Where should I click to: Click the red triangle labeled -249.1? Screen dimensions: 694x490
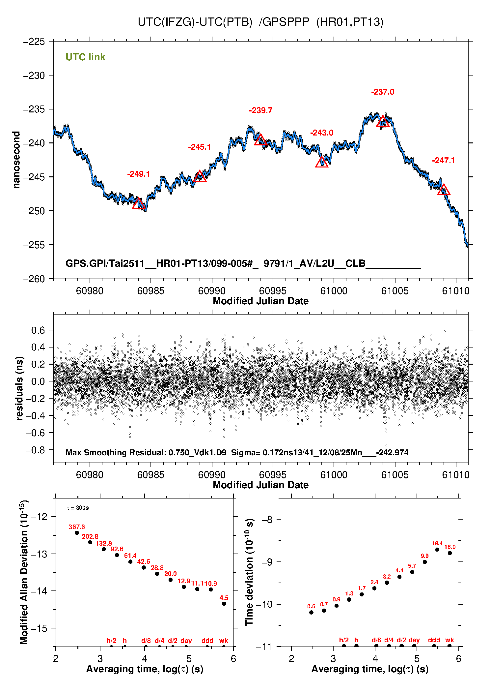click(139, 204)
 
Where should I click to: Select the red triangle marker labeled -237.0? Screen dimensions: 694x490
click(383, 122)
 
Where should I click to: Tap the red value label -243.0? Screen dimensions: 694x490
click(322, 133)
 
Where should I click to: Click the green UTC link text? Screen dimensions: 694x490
click(85, 57)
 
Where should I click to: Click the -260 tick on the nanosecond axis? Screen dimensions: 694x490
click(34, 279)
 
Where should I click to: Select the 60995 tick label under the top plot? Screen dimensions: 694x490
click(273, 291)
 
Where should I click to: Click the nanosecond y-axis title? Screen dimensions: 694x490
click(16, 160)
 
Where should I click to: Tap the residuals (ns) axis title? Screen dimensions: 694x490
click(19, 388)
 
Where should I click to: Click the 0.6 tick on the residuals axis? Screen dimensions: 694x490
click(38, 330)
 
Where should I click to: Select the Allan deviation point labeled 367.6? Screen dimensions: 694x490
click(77, 533)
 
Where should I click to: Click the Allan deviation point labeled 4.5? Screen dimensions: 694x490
click(224, 604)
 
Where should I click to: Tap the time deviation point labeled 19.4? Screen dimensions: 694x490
click(437, 550)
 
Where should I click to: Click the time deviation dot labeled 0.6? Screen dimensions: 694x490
click(311, 613)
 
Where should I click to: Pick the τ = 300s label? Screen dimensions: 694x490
click(78, 508)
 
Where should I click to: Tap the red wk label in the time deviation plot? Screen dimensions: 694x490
click(449, 640)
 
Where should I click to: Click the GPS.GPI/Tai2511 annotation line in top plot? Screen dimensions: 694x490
click(243, 263)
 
